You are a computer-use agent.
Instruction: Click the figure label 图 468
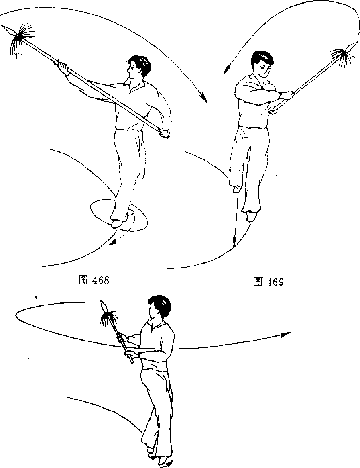[x=94, y=280]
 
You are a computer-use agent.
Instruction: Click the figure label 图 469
[x=268, y=282]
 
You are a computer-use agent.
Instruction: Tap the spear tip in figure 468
[x=2, y=27]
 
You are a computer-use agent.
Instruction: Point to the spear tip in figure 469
[x=356, y=43]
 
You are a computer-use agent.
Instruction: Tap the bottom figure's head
[x=160, y=307]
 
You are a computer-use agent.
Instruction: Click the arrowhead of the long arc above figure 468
[x=204, y=98]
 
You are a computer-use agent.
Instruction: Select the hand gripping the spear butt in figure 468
[x=164, y=133]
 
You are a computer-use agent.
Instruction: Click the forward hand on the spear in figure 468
[x=62, y=65]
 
